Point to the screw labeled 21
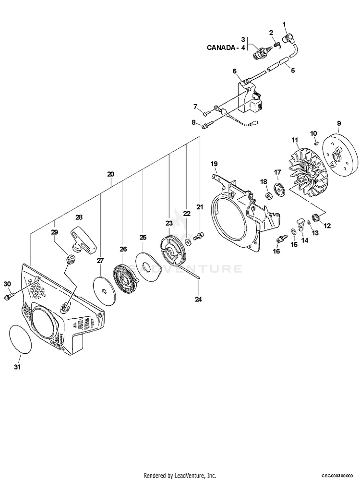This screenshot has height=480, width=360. [x=199, y=236]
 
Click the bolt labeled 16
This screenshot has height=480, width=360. [x=281, y=238]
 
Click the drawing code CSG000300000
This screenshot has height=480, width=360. [x=337, y=475]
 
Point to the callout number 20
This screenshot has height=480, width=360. [x=111, y=174]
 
